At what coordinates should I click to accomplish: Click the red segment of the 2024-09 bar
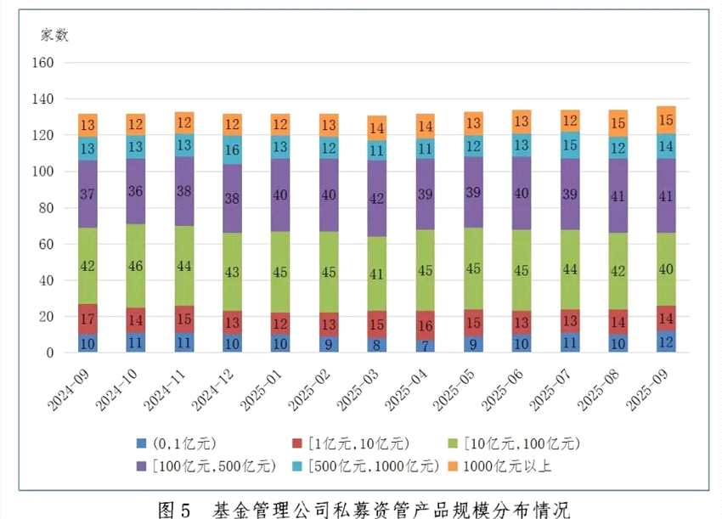(x=87, y=319)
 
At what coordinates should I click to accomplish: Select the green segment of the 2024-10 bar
(x=136, y=266)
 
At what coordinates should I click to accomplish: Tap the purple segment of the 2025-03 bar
(x=376, y=198)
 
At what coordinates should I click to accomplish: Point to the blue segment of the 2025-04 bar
(x=425, y=346)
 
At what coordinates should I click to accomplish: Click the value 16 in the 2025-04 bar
(x=425, y=325)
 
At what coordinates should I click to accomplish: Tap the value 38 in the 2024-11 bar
(x=184, y=191)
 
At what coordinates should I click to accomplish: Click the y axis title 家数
(x=55, y=35)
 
